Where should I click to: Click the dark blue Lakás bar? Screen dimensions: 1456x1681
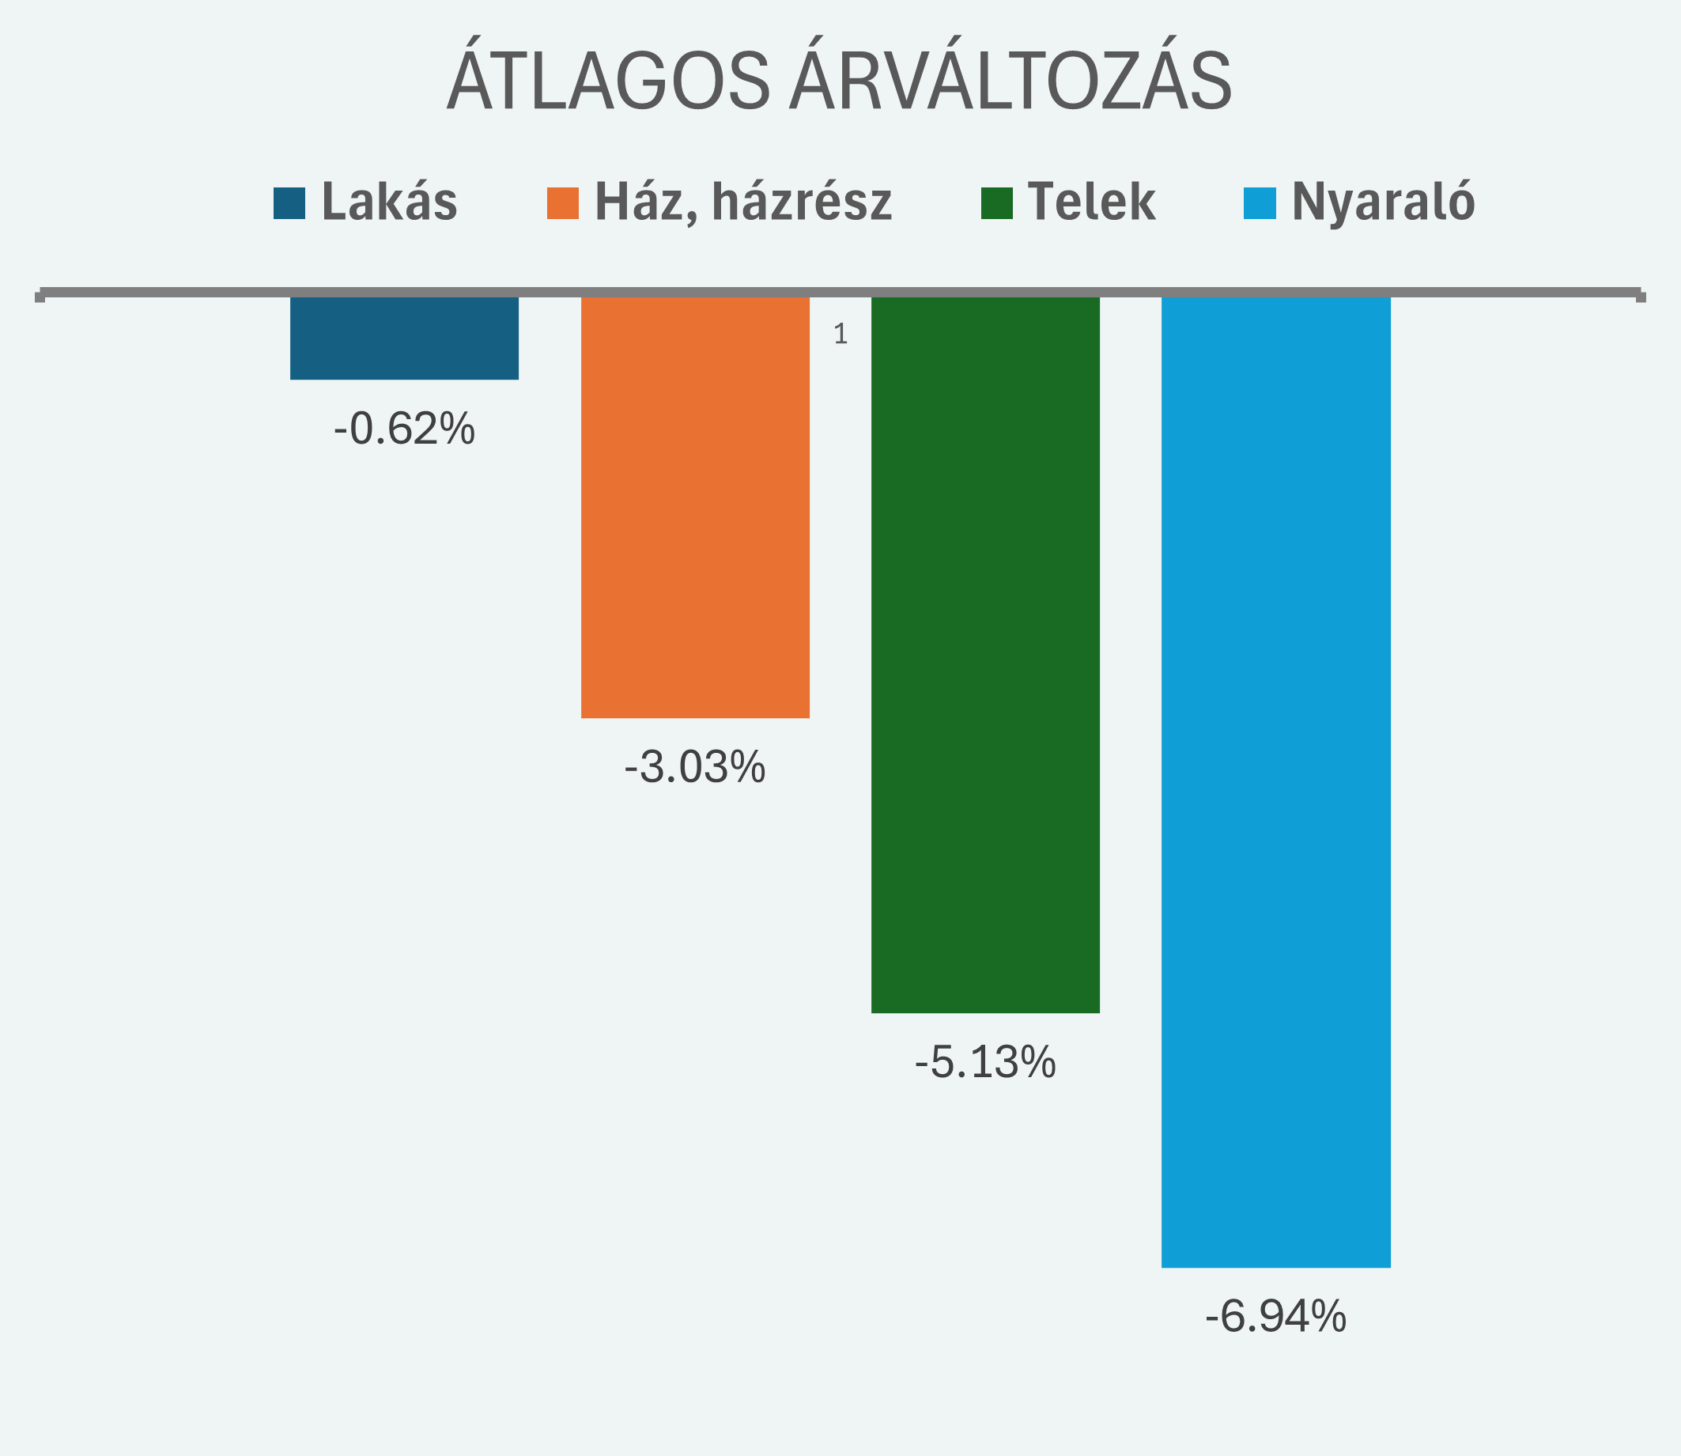coord(404,337)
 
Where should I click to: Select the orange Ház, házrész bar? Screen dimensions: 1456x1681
coord(695,507)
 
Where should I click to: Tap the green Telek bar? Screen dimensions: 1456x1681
coord(984,654)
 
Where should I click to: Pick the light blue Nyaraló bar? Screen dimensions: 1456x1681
coord(1275,781)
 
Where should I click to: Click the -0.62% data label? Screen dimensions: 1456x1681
coord(404,428)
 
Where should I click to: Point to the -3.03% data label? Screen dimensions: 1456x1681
coord(695,766)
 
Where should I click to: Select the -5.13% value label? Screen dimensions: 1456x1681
coord(984,1061)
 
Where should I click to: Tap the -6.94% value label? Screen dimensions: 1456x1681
coord(1275,1315)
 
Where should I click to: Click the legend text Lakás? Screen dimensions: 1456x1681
coord(389,202)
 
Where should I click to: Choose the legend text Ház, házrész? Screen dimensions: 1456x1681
coord(742,202)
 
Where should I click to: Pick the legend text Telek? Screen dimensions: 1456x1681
coord(1091,202)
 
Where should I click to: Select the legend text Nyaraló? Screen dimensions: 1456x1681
coord(1383,202)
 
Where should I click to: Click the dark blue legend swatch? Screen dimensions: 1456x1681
coord(289,203)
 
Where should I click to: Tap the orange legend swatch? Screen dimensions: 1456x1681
coord(562,203)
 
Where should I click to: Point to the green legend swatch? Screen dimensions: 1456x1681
coord(997,203)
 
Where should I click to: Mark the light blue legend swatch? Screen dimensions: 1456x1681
coord(1260,203)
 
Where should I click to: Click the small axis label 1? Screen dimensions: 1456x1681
coord(840,334)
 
